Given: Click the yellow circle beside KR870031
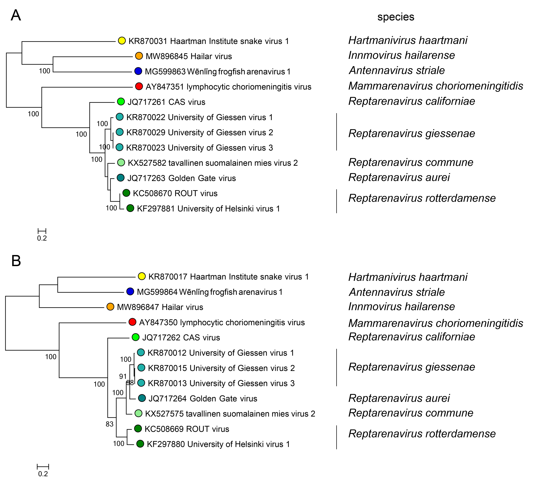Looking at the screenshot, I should (122, 41).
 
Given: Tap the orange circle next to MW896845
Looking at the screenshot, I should (139, 56).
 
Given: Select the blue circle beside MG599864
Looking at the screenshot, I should (130, 292).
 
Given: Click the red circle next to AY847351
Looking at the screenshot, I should (139, 86).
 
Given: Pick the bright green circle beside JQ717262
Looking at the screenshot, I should (136, 337).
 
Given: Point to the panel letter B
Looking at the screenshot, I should (16, 261).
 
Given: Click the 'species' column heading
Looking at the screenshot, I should (396, 17).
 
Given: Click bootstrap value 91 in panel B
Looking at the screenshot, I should (123, 376).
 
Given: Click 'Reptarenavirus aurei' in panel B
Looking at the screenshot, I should (399, 398).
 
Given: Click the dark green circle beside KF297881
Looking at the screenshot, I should (130, 208).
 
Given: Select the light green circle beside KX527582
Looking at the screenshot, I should (121, 162).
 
